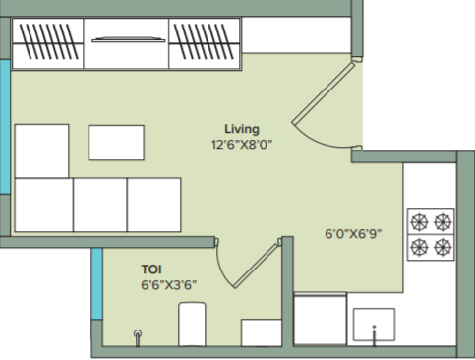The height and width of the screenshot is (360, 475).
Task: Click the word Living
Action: [x=242, y=129]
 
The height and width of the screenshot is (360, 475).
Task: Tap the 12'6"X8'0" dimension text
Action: [x=242, y=145]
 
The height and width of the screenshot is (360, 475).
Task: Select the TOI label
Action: [x=151, y=270]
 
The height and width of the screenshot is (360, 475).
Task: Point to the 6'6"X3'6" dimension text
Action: [x=169, y=285]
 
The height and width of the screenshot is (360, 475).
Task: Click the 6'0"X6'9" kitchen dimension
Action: [x=353, y=234]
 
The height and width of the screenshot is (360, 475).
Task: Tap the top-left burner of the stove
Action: [x=419, y=222]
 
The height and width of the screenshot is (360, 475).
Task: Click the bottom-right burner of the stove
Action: [x=443, y=247]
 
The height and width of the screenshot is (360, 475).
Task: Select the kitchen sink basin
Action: [x=374, y=325]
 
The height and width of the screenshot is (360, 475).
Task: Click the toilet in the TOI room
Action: [x=192, y=325]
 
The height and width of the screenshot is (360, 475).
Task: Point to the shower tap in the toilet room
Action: [x=138, y=337]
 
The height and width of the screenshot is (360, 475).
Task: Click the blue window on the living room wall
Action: [x=5, y=127]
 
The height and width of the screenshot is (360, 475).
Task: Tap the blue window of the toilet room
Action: [x=97, y=283]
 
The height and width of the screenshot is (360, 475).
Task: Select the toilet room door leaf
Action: [x=256, y=267]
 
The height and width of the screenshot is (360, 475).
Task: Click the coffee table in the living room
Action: [x=116, y=143]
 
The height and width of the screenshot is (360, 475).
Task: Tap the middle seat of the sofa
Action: [x=100, y=205]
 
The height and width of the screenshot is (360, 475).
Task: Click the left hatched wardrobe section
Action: [x=48, y=43]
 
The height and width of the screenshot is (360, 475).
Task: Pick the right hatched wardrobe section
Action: [x=205, y=43]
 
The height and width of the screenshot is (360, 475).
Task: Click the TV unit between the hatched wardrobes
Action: [x=126, y=43]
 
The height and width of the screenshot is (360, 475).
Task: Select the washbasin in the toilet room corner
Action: [x=262, y=332]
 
